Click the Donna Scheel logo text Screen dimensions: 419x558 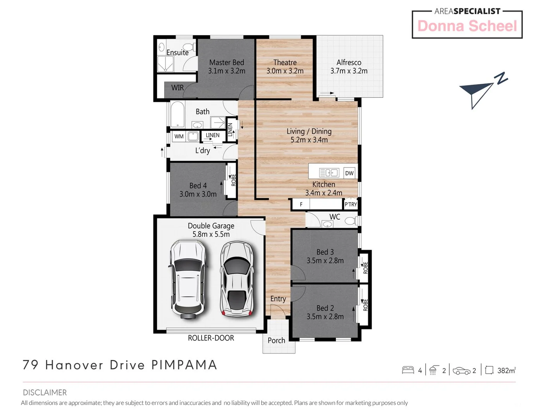pyautogui.click(x=467, y=26)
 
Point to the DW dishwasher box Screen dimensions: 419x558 pyautogui.click(x=349, y=173)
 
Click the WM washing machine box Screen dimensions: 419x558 pyautogui.click(x=179, y=136)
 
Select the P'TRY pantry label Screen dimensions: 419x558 pyautogui.click(x=351, y=204)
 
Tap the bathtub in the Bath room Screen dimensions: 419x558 pyautogui.click(x=177, y=114)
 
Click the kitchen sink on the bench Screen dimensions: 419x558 pyautogui.click(x=329, y=173)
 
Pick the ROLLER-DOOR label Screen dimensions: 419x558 pyautogui.click(x=211, y=338)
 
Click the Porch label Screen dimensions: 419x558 pyautogui.click(x=276, y=340)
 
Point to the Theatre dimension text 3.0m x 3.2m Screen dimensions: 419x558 pyautogui.click(x=285, y=71)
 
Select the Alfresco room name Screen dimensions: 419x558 pyautogui.click(x=349, y=62)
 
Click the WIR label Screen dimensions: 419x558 pyautogui.click(x=177, y=88)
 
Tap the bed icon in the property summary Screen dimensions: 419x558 pyautogui.click(x=408, y=370)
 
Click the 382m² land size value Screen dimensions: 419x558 pyautogui.click(x=506, y=371)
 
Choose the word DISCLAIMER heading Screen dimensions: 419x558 pyautogui.click(x=45, y=392)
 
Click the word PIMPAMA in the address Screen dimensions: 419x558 pyautogui.click(x=184, y=365)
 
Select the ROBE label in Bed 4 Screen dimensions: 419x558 pyautogui.click(x=233, y=180)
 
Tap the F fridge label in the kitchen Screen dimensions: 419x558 pyautogui.click(x=301, y=204)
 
